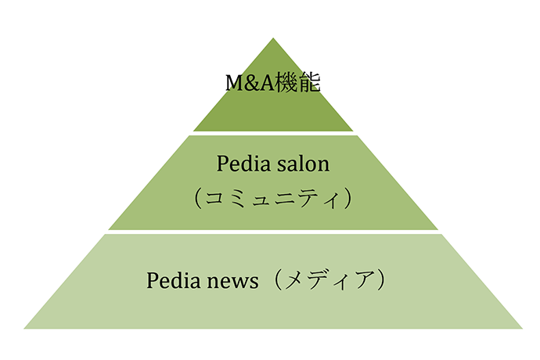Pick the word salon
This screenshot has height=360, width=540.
tap(302, 165)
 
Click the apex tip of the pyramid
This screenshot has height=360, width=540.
tap(273, 38)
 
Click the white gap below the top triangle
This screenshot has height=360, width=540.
tap(273, 133)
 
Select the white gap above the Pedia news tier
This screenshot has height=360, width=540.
tap(273, 232)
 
